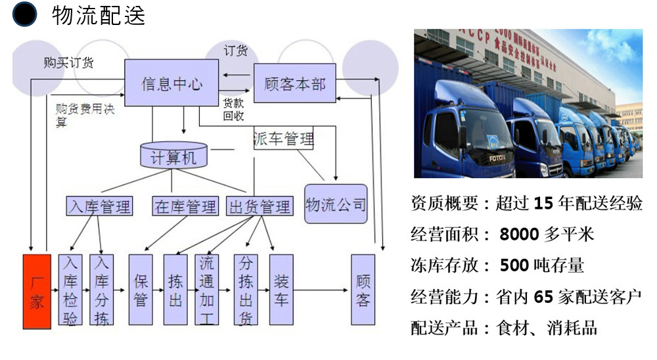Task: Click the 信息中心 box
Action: pyautogui.click(x=172, y=83)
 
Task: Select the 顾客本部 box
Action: pyautogui.click(x=294, y=83)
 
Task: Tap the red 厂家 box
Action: pyautogui.click(x=37, y=290)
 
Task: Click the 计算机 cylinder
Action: pyautogui.click(x=174, y=156)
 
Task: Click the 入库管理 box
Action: pyautogui.click(x=99, y=206)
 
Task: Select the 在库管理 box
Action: pyautogui.click(x=185, y=206)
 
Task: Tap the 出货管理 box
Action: pyautogui.click(x=259, y=206)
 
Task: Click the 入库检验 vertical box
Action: pyautogui.click(x=70, y=290)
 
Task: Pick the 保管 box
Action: pyautogui.click(x=141, y=290)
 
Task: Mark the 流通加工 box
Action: pyautogui.click(x=206, y=290)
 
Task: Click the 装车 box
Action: pyautogui.click(x=281, y=290)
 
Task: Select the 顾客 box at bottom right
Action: pyautogui.click(x=363, y=290)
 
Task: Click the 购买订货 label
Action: pyautogui.click(x=68, y=63)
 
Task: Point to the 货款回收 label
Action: pyautogui.click(x=234, y=110)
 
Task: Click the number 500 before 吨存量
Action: pyautogui.click(x=514, y=265)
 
